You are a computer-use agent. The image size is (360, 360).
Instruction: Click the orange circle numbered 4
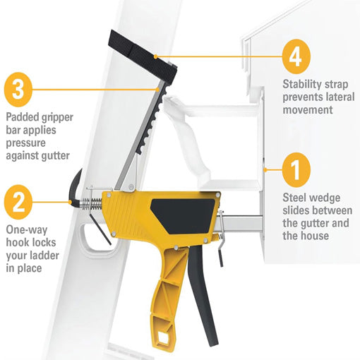(x=296, y=56)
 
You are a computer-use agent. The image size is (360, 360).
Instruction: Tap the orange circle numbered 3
(x=18, y=90)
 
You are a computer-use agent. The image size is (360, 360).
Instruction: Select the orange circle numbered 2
(x=18, y=202)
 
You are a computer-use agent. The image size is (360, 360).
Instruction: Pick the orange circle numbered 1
(x=296, y=169)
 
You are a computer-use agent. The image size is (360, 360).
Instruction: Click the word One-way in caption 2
(x=27, y=230)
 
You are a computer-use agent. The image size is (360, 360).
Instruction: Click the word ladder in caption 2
(x=45, y=256)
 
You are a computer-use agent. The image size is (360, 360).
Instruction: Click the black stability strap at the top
(x=143, y=56)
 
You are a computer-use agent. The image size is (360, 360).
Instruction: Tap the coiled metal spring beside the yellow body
(x=92, y=203)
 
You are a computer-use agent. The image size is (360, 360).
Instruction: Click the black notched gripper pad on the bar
(x=151, y=120)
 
